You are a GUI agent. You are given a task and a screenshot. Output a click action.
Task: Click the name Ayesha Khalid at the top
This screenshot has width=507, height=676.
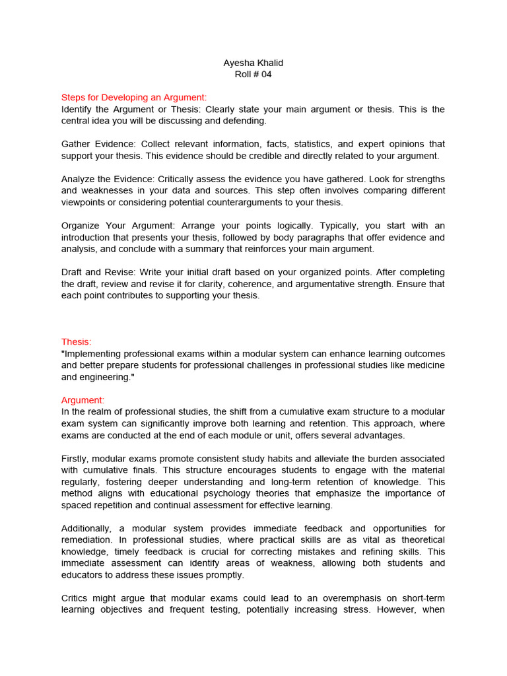253,63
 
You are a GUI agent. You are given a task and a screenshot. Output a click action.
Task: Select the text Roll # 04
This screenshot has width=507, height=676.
253,75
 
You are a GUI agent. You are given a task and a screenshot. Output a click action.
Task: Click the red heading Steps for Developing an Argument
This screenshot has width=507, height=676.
134,98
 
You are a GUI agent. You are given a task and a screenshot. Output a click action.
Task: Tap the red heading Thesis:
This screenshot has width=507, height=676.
77,342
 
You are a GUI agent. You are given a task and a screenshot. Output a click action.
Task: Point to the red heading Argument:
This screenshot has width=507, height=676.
83,400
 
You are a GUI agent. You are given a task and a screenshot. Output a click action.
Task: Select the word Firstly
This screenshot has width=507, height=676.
75,459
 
